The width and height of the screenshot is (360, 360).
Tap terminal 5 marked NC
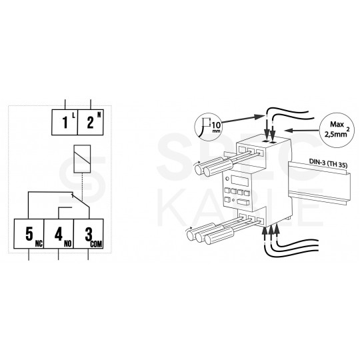pyautogui.click(x=29, y=235)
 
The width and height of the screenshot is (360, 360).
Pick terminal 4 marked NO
pyautogui.click(x=59, y=235)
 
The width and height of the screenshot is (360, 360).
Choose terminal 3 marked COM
pyautogui.click(x=88, y=235)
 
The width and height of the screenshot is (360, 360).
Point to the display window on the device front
pyautogui.click(x=240, y=181)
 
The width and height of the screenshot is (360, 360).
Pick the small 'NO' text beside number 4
pyautogui.click(x=67, y=246)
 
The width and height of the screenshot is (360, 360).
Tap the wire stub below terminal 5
pyautogui.click(x=29, y=259)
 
